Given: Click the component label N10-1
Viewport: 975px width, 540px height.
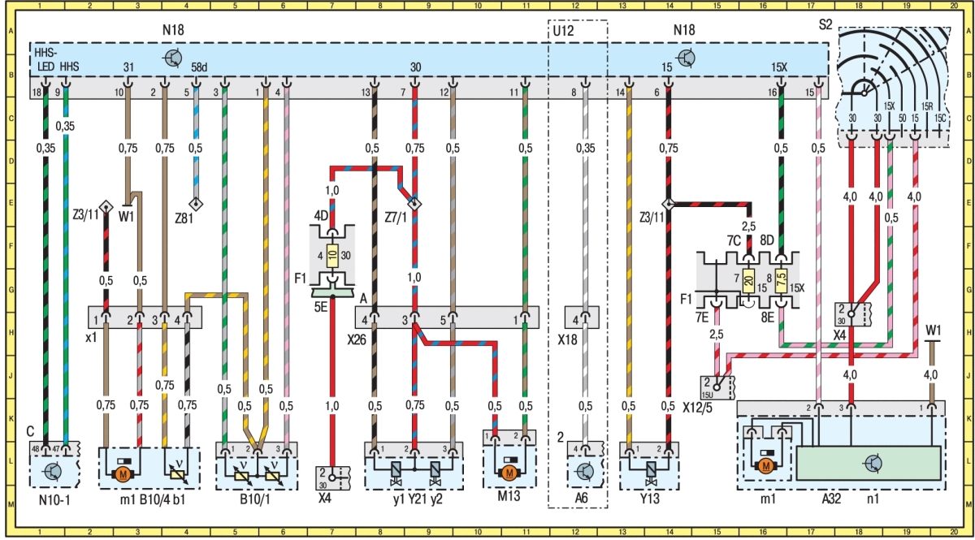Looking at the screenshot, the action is click(54, 499).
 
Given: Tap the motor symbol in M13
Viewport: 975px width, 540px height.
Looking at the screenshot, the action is click(509, 472).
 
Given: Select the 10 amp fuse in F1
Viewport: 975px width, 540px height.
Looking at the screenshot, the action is click(332, 255).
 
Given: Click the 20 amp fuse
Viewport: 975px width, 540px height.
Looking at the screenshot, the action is click(748, 279).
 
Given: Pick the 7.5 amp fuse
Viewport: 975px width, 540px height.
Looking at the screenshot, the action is click(782, 279).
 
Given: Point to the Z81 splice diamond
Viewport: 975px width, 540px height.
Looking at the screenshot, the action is click(197, 204).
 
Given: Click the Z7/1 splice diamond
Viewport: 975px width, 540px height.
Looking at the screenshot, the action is click(415, 204).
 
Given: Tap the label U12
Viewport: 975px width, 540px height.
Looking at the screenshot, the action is click(563, 32).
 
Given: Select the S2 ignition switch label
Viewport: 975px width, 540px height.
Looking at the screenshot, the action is click(825, 24).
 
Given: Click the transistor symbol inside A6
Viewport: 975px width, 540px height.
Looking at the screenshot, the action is click(584, 471).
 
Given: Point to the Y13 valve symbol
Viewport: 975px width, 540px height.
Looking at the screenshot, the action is click(651, 471).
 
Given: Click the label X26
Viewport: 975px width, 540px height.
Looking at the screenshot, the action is click(357, 340).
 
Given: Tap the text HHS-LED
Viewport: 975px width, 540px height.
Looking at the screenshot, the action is click(45, 59).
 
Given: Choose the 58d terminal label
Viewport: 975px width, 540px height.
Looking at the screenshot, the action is click(199, 67).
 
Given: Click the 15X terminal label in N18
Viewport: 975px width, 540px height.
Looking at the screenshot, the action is click(779, 67).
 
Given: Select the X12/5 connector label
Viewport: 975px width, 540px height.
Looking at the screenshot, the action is click(697, 408).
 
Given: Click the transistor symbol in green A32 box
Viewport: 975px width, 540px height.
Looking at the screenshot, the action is click(873, 464).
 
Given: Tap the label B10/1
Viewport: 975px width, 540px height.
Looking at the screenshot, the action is click(255, 499).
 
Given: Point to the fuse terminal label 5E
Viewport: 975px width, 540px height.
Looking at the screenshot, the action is click(321, 307).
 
